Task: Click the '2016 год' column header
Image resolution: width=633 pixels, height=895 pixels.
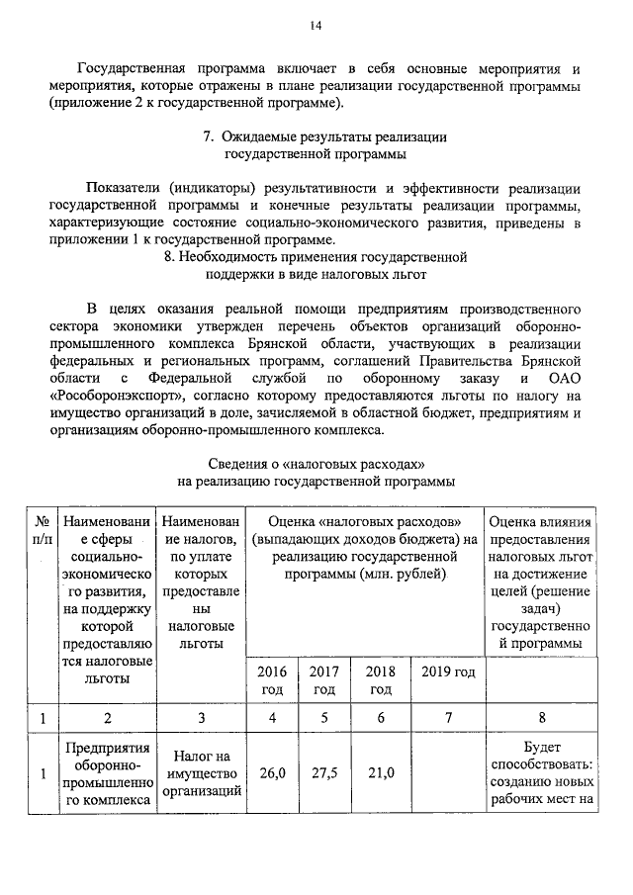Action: pyautogui.click(x=272, y=681)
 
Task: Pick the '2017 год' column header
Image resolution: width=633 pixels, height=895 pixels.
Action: pyautogui.click(x=323, y=681)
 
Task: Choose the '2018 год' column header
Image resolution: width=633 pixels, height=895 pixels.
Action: pyautogui.click(x=380, y=681)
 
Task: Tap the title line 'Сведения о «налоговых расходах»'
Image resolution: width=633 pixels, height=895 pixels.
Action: pyautogui.click(x=316, y=464)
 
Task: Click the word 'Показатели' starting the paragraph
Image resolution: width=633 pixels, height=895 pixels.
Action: pyautogui.click(x=126, y=188)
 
